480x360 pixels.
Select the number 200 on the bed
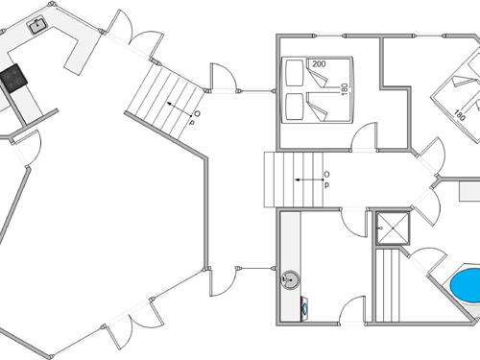[318, 64]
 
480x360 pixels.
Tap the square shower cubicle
[392, 228]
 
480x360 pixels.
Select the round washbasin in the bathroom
[290, 280]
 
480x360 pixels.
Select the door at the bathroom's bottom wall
[354, 309]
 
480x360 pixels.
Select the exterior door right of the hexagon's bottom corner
[221, 280]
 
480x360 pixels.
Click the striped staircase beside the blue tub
[388, 284]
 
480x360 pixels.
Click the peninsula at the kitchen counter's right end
[83, 46]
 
